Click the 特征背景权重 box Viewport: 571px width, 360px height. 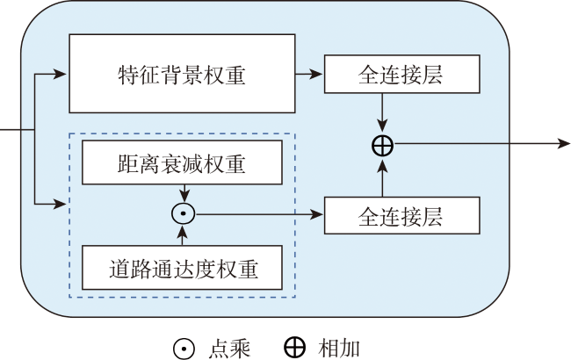pos(182,73)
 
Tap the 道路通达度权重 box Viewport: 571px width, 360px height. pos(182,267)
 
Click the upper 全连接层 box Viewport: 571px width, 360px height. pos(402,74)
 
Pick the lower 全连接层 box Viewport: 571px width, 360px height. pos(402,215)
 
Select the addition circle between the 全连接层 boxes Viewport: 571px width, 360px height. pos(382,146)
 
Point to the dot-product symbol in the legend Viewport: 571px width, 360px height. pos(184,347)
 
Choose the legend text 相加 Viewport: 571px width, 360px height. pos(338,348)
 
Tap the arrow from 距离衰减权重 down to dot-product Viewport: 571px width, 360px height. pos(182,192)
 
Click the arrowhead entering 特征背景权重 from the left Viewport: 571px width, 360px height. pos(61,74)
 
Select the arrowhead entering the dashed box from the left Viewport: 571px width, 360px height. pos(61,205)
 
